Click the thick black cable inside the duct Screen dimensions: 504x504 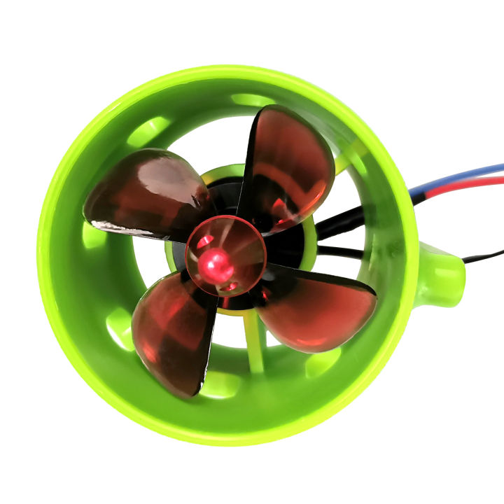(343, 224)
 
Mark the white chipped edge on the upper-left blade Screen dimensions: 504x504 (112, 226)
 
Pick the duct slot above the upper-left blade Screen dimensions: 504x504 (150, 129)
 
